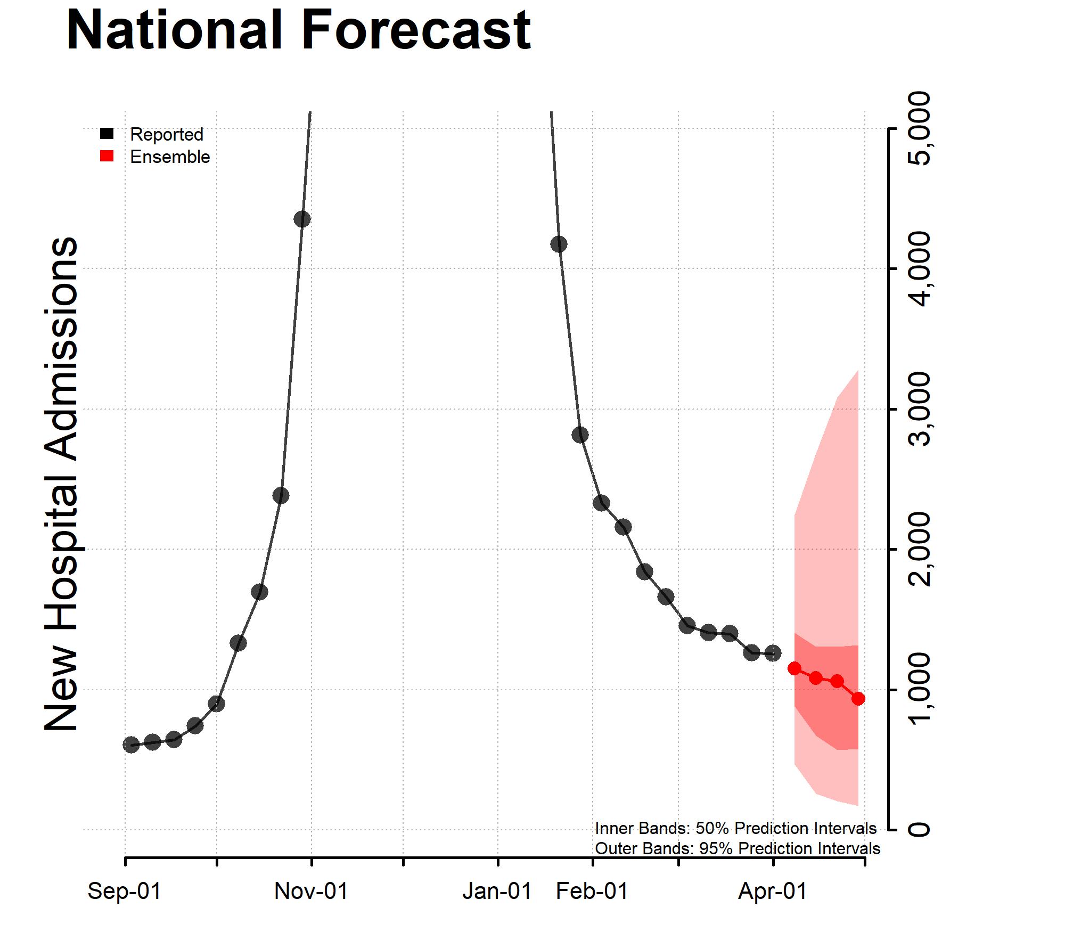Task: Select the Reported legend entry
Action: [x=166, y=134]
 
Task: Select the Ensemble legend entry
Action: [x=169, y=157]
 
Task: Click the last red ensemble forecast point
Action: [x=858, y=699]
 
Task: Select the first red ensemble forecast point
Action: [x=794, y=668]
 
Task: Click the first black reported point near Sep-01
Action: [x=131, y=745]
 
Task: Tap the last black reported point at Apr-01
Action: [x=773, y=653]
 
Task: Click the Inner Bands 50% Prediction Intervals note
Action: [x=735, y=828]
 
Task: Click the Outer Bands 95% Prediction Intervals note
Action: [x=737, y=848]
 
